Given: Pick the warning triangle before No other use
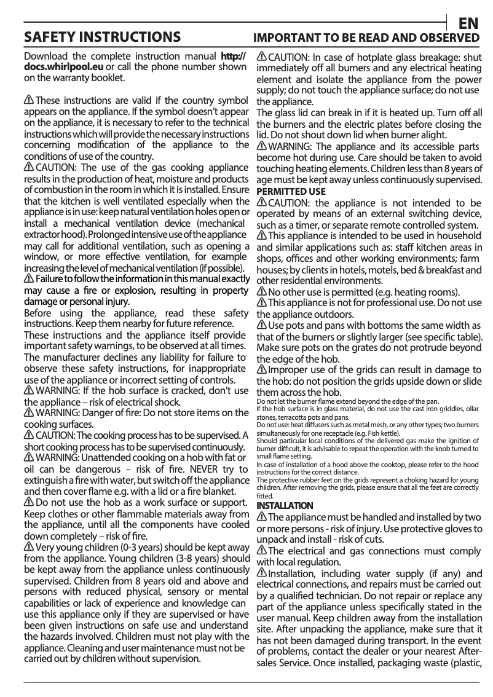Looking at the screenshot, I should pos(261,291).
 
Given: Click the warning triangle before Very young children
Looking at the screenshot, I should pos(28,546).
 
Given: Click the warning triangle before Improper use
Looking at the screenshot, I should pos(261,369).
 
